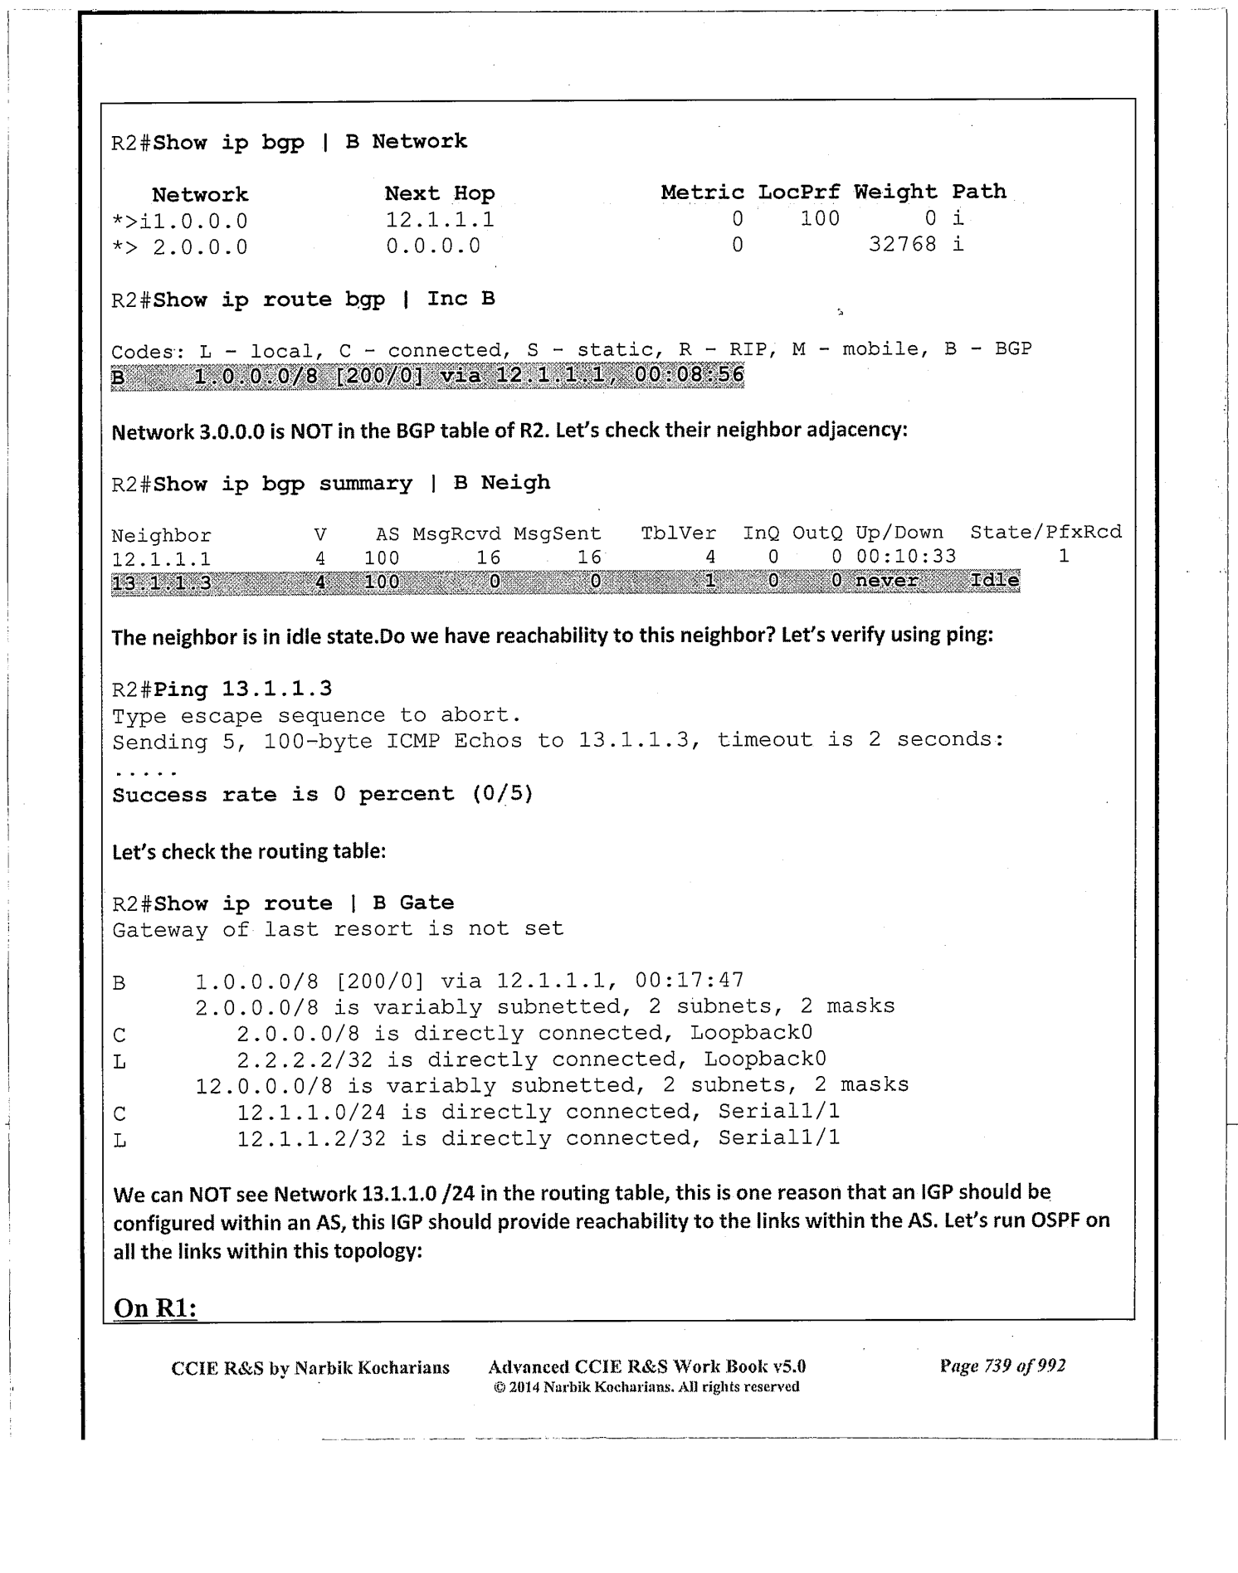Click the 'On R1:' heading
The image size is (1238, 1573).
155,1308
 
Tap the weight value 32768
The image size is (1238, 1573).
902,245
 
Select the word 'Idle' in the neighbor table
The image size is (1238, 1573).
994,581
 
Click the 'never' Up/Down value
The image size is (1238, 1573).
886,581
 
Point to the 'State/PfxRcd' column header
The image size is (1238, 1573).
1045,532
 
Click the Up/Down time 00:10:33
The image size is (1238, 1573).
905,556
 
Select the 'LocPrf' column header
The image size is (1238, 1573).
798,192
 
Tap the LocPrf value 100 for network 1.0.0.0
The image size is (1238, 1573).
820,219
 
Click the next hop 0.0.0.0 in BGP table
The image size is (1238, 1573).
433,246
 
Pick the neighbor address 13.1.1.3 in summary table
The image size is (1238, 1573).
161,583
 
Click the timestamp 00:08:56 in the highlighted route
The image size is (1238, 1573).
689,375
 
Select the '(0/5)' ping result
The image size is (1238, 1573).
502,794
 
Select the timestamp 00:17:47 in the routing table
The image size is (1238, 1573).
689,981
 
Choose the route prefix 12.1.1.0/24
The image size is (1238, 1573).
311,1113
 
